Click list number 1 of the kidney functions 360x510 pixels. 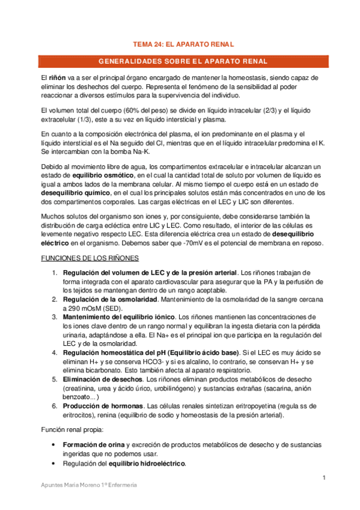click(x=55, y=273)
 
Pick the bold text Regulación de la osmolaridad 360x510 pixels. click(x=110, y=300)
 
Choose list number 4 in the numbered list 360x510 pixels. click(x=55, y=352)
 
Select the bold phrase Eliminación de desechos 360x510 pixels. click(x=103, y=380)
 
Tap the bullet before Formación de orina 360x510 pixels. click(x=55, y=445)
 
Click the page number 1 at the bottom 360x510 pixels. click(x=323, y=478)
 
